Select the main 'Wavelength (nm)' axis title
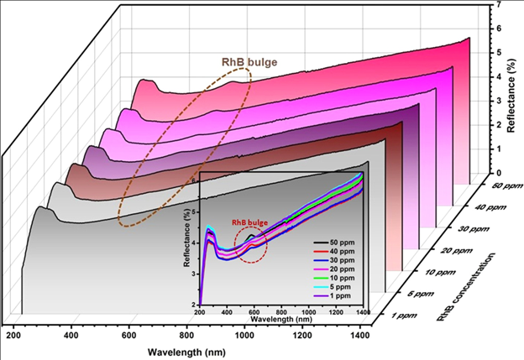pyautogui.click(x=186, y=351)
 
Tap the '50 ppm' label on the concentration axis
pyautogui.click(x=487, y=188)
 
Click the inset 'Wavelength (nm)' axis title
pyautogui.click(x=278, y=320)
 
